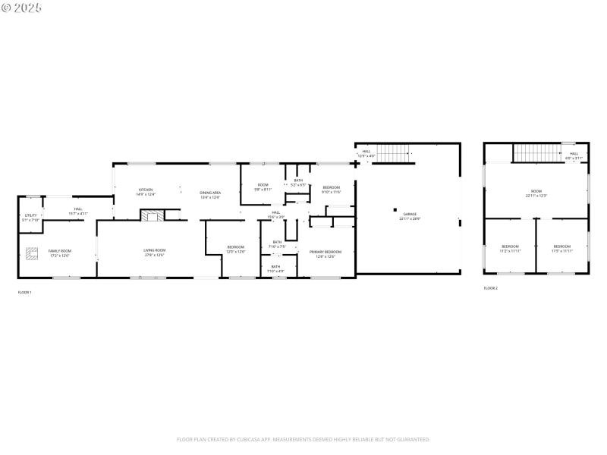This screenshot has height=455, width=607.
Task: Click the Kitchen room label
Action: pos(146,192)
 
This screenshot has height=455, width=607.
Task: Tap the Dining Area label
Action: pos(210,193)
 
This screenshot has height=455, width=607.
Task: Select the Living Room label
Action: pos(155,252)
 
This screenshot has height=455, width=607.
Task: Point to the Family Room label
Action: pos(60,253)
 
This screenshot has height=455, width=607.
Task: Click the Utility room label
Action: pos(30,218)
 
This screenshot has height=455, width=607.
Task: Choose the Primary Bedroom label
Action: pos(326,253)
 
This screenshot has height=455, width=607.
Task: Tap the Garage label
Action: pos(410,216)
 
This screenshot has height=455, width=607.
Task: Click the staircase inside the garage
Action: pos(393,152)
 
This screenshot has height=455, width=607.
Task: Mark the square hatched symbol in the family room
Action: pos(33,253)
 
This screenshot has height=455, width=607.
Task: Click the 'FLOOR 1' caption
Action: pos(25,292)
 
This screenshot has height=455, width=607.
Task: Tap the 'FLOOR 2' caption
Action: pos(491,288)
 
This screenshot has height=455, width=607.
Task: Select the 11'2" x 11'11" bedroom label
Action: pos(510,248)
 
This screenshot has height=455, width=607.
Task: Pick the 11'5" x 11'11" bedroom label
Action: pos(562,248)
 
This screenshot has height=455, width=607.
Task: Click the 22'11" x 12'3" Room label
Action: pos(536,193)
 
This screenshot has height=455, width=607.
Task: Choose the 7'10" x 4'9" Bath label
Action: pos(275,268)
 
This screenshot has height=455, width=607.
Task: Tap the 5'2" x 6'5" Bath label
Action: pos(299,182)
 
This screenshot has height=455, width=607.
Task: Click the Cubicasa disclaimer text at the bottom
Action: pos(303,439)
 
